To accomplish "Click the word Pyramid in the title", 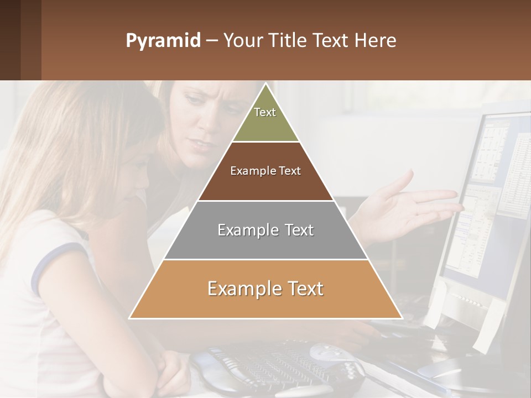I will pyautogui.click(x=163, y=41).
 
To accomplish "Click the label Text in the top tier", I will pyautogui.click(x=265, y=112).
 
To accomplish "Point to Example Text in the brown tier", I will pyautogui.click(x=265, y=171).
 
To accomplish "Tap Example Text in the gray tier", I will pyautogui.click(x=265, y=230).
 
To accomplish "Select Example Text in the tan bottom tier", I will pyautogui.click(x=265, y=289).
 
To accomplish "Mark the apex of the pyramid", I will pyautogui.click(x=265, y=85).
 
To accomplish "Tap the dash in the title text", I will pyautogui.click(x=212, y=41).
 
